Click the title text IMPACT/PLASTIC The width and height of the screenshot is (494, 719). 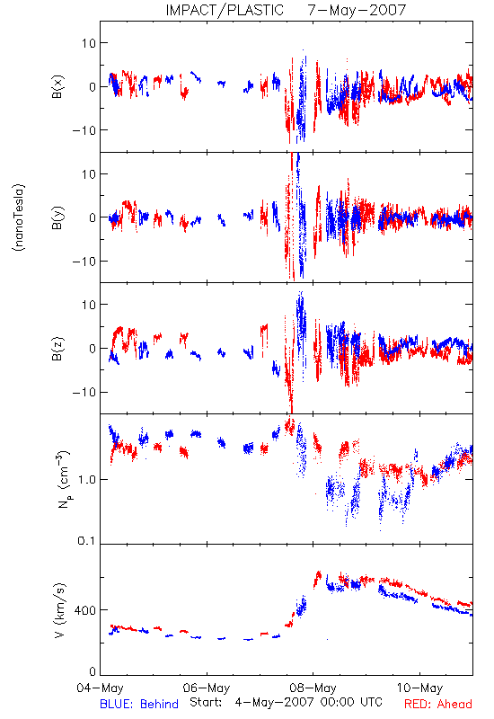coord(225,10)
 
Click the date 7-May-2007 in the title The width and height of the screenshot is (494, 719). coord(357,10)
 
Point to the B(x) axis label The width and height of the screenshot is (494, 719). coord(57,86)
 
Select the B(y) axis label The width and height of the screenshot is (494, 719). coord(57,217)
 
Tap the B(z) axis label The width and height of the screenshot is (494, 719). coord(57,349)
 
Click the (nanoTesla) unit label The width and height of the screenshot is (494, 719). coord(19,217)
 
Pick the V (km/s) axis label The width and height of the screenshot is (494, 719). coord(60,610)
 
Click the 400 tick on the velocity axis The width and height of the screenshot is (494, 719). coord(85,610)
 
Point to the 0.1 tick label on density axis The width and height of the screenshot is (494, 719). coord(86,541)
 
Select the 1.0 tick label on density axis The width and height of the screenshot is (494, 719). coord(86,480)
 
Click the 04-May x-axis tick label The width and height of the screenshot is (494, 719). coord(100,688)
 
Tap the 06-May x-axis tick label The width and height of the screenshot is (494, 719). coord(207,688)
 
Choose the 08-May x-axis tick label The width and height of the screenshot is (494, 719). coord(313,688)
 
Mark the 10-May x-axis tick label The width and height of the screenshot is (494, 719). coord(419,688)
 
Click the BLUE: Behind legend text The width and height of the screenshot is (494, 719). coord(139,704)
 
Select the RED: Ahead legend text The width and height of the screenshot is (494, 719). coord(438,704)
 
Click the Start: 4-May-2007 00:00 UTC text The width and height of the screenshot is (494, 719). coord(286,703)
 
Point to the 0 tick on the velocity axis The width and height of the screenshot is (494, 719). coord(93,671)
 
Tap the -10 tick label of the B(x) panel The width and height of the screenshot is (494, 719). coord(84,130)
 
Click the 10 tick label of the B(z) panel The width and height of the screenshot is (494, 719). coord(89,305)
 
